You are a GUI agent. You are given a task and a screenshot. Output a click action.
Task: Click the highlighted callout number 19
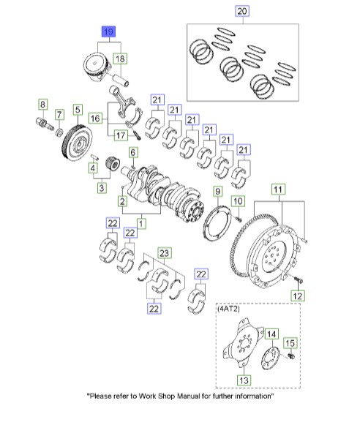pos(108,31)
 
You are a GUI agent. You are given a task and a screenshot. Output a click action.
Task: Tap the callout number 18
pos(119,59)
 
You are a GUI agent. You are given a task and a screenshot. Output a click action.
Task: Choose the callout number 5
pos(78,110)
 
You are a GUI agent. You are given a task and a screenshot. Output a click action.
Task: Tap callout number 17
pos(119,134)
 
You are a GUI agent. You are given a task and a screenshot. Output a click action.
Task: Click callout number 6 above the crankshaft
pos(132,152)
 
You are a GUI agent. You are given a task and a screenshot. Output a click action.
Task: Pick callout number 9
pos(217,192)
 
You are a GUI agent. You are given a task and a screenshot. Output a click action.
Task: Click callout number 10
pos(238,200)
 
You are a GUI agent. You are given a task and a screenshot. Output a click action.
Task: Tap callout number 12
pos(297,296)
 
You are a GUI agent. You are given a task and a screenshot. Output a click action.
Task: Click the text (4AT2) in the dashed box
pos(228,310)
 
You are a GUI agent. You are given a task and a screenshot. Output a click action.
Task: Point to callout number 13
pos(243,380)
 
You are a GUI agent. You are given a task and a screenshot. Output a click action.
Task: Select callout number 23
pos(165,253)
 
